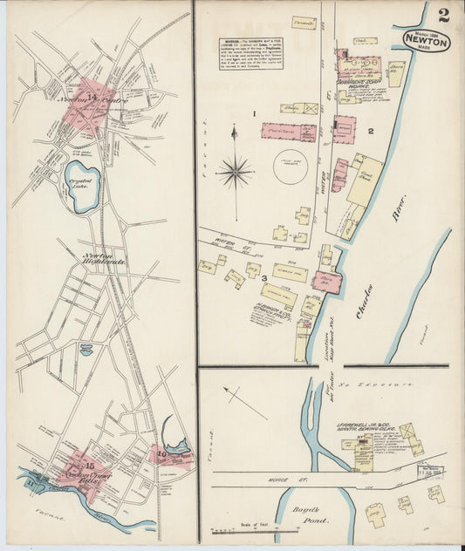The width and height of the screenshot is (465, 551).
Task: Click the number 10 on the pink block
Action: point(161,452)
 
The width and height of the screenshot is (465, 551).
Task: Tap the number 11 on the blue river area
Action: point(31,481)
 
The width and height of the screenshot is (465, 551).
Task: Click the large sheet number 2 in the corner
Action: point(444,15)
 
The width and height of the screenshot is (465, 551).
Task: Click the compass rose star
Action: point(235,171)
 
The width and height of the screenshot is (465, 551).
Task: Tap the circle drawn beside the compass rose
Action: point(291,166)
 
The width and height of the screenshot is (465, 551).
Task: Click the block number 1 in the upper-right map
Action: point(254,114)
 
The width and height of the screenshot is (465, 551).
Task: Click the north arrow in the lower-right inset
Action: point(243,403)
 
